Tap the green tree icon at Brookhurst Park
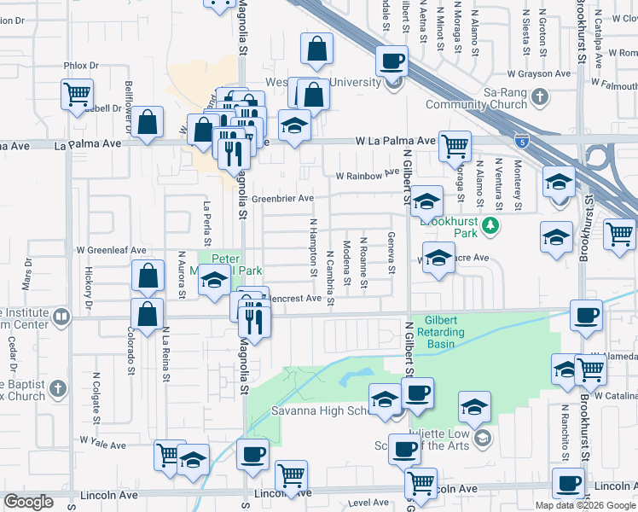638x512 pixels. click(x=490, y=225)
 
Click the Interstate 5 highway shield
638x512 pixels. click(x=522, y=143)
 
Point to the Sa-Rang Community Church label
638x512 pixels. click(x=477, y=97)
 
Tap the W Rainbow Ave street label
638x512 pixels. click(x=368, y=173)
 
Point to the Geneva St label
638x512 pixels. click(x=391, y=253)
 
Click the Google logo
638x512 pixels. click(x=29, y=502)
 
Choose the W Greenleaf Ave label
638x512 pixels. click(x=111, y=251)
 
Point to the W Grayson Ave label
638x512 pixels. click(x=538, y=73)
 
